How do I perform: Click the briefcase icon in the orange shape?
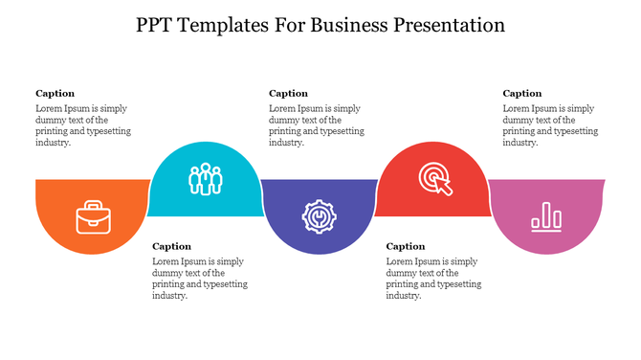pos(92,216)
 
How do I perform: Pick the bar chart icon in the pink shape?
pos(547,216)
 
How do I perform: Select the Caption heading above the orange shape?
pos(55,94)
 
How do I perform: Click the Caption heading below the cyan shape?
pos(172,246)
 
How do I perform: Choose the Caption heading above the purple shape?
pos(288,94)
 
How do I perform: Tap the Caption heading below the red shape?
pos(406,246)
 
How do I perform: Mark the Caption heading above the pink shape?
pos(522,94)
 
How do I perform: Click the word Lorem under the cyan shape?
pos(166,261)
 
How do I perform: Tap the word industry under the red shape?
pos(403,296)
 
